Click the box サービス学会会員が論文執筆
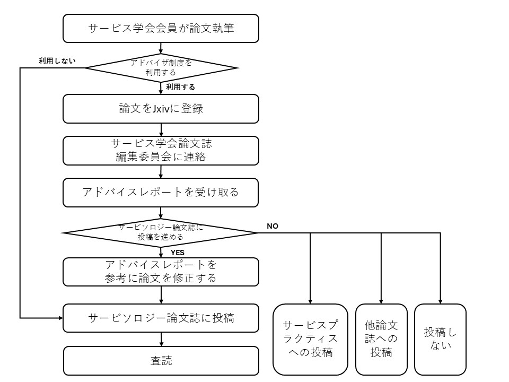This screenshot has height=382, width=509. tap(161, 29)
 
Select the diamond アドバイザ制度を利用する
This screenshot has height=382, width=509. tap(161, 67)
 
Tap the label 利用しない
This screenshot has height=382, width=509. tap(57, 60)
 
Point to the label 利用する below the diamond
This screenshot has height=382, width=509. tap(180, 87)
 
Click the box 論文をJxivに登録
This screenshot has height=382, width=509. tap(161, 109)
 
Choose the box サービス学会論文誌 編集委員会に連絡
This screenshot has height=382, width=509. tap(161, 151)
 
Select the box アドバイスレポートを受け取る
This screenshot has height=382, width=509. tap(161, 192)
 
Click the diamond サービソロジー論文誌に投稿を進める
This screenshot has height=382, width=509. tap(160, 232)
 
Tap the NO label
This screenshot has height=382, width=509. tap(272, 226)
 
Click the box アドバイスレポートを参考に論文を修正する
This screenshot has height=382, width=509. tap(161, 271)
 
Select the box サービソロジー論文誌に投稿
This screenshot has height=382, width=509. tap(161, 318)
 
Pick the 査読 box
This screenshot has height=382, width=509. tap(161, 361)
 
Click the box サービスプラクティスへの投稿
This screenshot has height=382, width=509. tap(310, 338)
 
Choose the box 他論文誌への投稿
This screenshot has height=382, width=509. tap(381, 338)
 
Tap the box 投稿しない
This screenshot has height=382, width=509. tap(440, 338)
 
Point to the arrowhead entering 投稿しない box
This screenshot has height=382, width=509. tap(440, 301)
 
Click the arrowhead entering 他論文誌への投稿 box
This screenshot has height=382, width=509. tap(381, 301)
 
